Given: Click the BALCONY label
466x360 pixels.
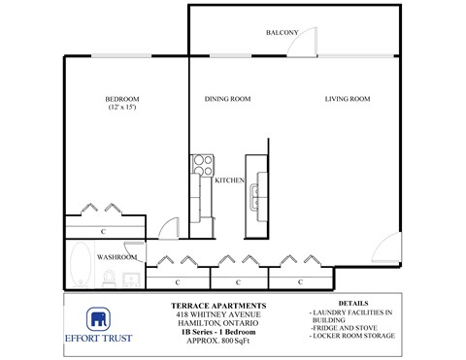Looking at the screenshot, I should click(281, 33).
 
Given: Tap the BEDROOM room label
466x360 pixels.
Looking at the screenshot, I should click(122, 98).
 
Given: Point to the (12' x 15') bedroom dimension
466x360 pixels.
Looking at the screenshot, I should click(122, 107).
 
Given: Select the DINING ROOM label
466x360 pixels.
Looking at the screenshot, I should click(228, 98).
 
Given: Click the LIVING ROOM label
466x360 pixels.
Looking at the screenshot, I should click(349, 98).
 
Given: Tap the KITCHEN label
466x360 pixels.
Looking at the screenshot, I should click(228, 180).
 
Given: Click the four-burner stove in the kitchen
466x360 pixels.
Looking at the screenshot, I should click(202, 164).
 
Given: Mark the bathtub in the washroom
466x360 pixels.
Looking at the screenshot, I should click(79, 266).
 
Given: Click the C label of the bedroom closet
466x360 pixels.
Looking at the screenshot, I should click(103, 232).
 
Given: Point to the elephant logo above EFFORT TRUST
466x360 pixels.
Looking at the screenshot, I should click(98, 319).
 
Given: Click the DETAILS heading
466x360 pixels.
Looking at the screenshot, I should click(353, 304).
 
